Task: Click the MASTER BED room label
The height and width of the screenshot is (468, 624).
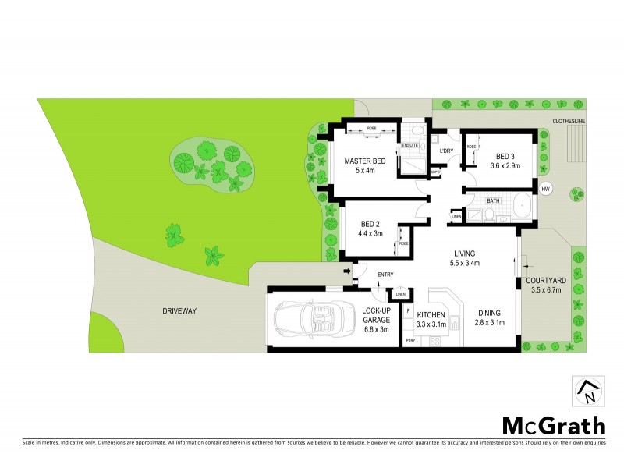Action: (x=366, y=161)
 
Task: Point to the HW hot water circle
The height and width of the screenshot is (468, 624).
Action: (x=545, y=190)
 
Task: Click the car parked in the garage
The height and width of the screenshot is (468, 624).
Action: (x=307, y=321)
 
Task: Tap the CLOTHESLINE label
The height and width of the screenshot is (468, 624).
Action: (x=569, y=121)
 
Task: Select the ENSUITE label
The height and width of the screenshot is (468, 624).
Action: (x=410, y=145)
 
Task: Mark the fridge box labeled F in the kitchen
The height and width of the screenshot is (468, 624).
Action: (x=408, y=310)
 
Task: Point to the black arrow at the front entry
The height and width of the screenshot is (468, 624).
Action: (x=346, y=271)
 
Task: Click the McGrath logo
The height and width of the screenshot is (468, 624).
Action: (x=553, y=425)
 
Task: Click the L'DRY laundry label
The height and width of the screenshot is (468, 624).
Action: (x=447, y=151)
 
